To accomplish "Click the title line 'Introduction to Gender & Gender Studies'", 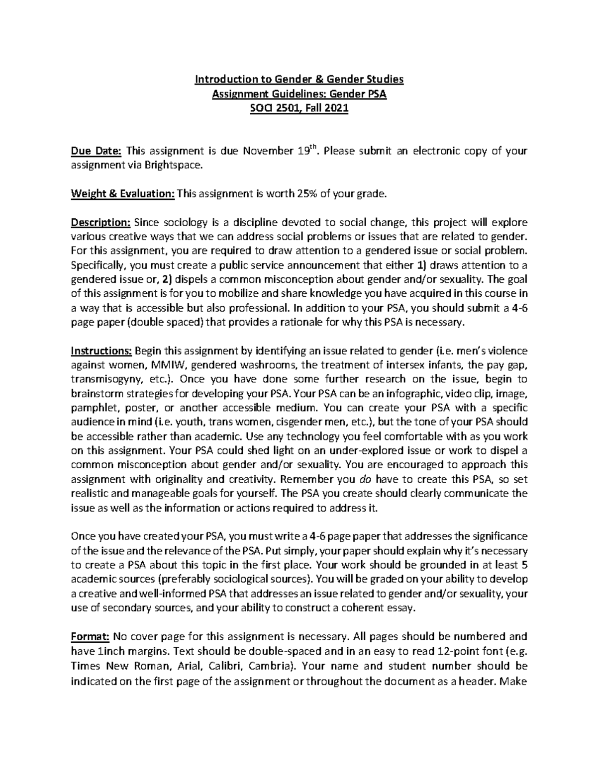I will (298, 79).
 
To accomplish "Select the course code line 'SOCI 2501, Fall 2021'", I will (298, 108).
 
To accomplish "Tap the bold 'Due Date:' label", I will (96, 151).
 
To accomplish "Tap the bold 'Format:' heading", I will (91, 636).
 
